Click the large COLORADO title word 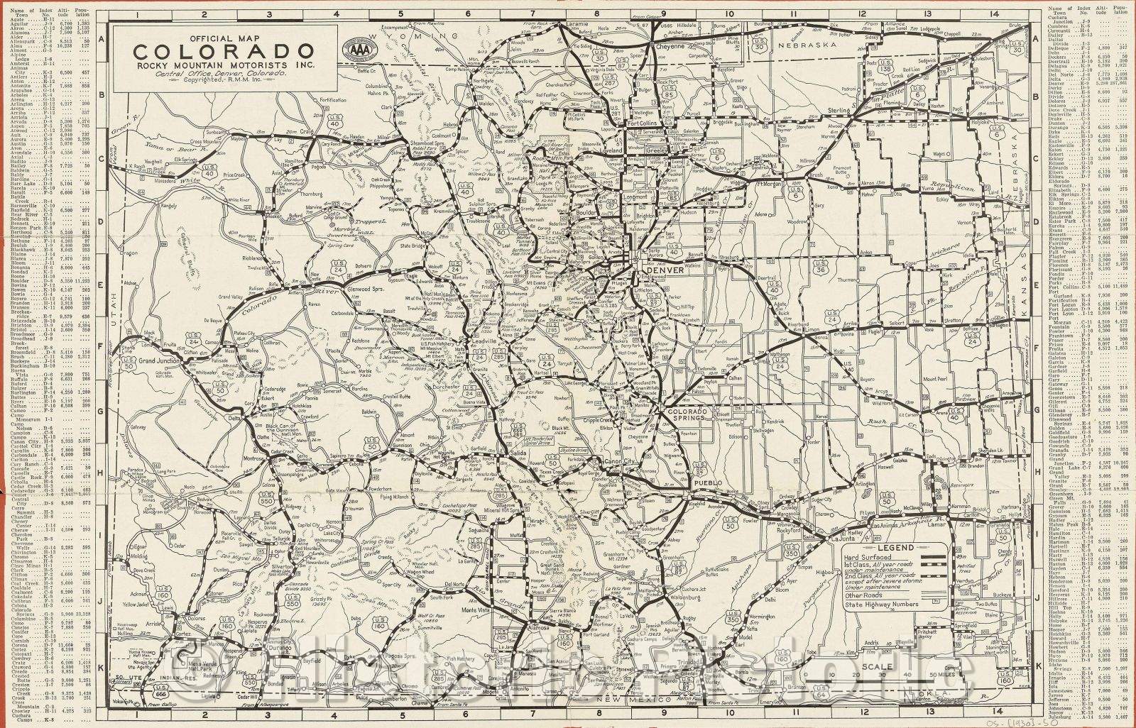click(224, 52)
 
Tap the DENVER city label click(664, 270)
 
